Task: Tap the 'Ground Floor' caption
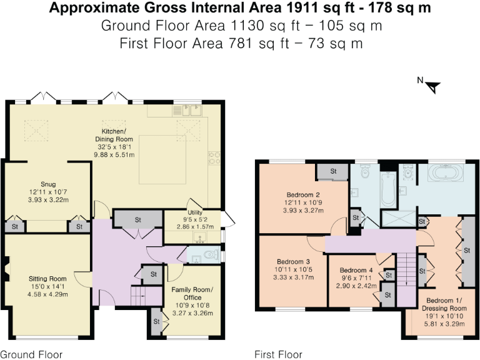(31, 354)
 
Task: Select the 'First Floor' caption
(278, 354)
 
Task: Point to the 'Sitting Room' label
(47, 279)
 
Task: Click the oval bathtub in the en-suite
(444, 173)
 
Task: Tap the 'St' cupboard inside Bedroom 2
(332, 171)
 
